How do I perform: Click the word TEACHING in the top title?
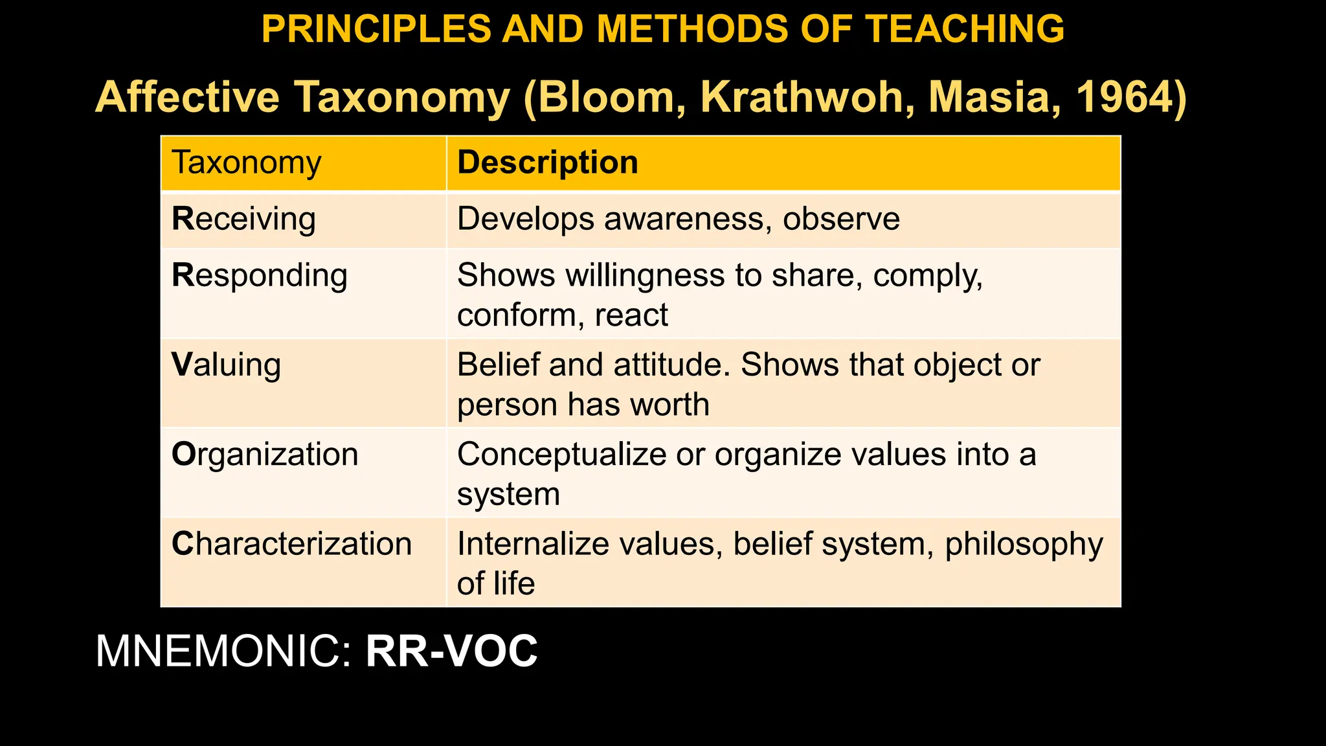[965, 29]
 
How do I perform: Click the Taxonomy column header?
[247, 163]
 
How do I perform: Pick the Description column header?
[548, 163]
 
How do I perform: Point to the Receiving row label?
[244, 219]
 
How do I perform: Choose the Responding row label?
[260, 276]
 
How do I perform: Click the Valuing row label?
[227, 365]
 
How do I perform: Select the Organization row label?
[265, 455]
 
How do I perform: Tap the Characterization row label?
[292, 544]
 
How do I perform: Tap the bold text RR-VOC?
[451, 651]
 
